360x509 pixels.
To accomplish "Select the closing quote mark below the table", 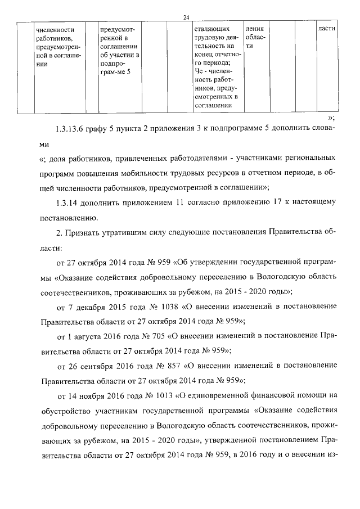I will tap(332, 118).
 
